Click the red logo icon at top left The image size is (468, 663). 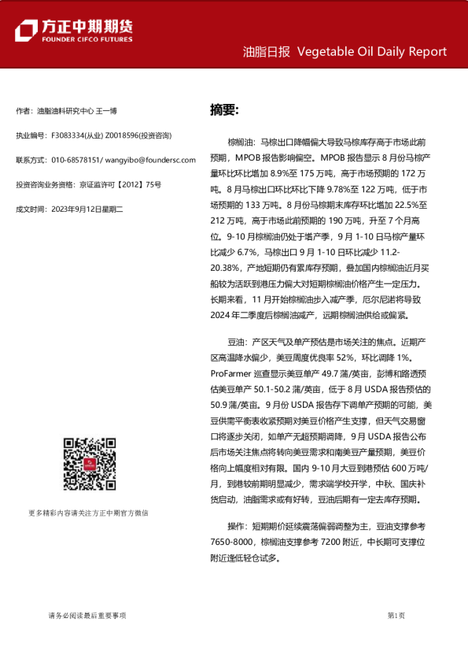[x=27, y=30]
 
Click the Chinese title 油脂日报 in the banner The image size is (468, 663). [x=266, y=52]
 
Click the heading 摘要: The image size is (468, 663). [x=224, y=109]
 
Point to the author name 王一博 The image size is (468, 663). [x=107, y=111]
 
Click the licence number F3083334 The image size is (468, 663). [x=68, y=135]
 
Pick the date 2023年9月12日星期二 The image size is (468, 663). [x=89, y=209]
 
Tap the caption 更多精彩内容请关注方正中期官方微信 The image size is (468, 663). [x=87, y=513]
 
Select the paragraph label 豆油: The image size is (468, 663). [x=238, y=343]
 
